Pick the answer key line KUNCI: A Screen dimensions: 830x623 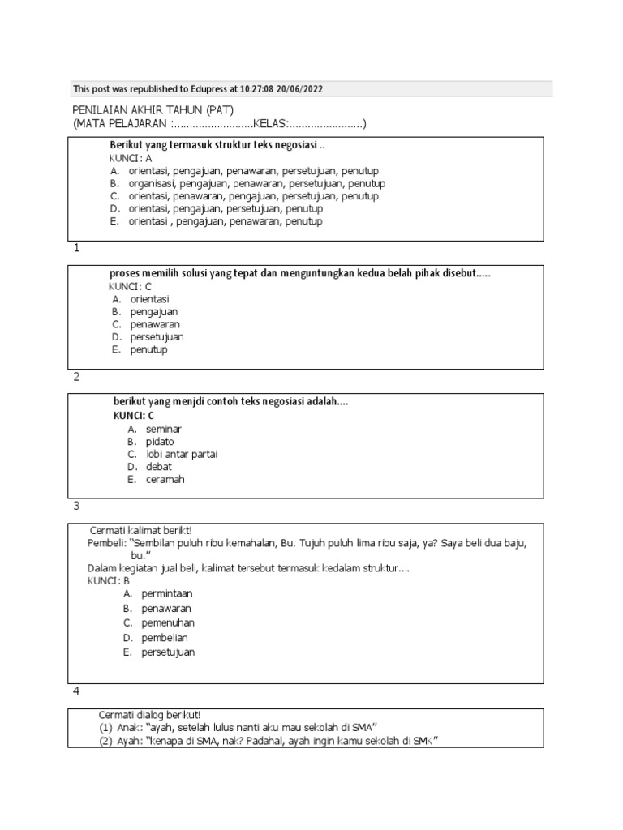tap(131, 159)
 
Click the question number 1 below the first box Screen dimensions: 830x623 tap(76, 248)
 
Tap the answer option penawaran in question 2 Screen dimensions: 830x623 tap(155, 324)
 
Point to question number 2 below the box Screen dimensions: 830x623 tap(76, 376)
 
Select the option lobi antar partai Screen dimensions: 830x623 tap(182, 454)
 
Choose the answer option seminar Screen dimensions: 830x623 tap(164, 428)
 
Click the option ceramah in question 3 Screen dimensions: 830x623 tap(165, 479)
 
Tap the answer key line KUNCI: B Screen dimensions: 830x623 tap(109, 581)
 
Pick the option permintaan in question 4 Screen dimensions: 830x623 tap(166, 593)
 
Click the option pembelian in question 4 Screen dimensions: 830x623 tap(165, 638)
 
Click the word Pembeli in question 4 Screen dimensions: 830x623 tap(106, 543)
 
